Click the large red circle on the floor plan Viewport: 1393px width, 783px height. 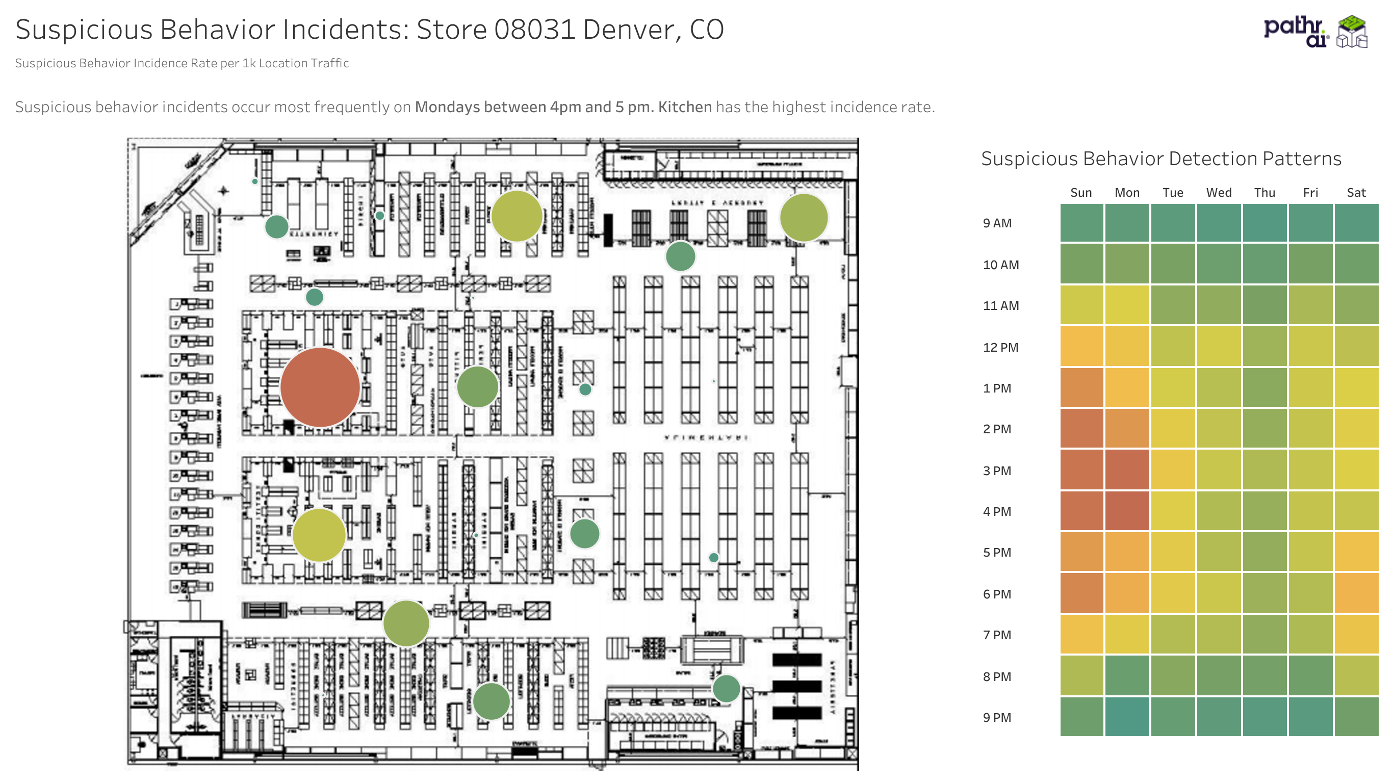(320, 387)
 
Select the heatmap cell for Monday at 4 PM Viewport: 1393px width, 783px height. (1127, 511)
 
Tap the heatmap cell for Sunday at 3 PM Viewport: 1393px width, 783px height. (1081, 470)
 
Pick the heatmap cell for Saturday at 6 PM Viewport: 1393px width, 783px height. (1356, 593)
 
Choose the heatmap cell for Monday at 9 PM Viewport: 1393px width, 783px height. (1127, 717)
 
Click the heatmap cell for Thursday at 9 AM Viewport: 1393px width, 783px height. (1265, 223)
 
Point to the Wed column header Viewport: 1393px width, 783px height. (1218, 193)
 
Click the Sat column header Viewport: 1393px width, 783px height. (1356, 193)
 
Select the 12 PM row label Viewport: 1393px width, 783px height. (1000, 347)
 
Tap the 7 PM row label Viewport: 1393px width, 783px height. (997, 635)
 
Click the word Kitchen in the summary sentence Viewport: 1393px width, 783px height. (685, 107)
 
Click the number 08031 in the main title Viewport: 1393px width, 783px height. (534, 29)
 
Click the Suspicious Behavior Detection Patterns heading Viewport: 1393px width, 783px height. (1161, 159)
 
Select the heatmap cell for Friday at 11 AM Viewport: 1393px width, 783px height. (1310, 305)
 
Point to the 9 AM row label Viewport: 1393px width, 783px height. (997, 223)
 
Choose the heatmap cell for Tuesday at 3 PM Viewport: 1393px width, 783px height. (1173, 470)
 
